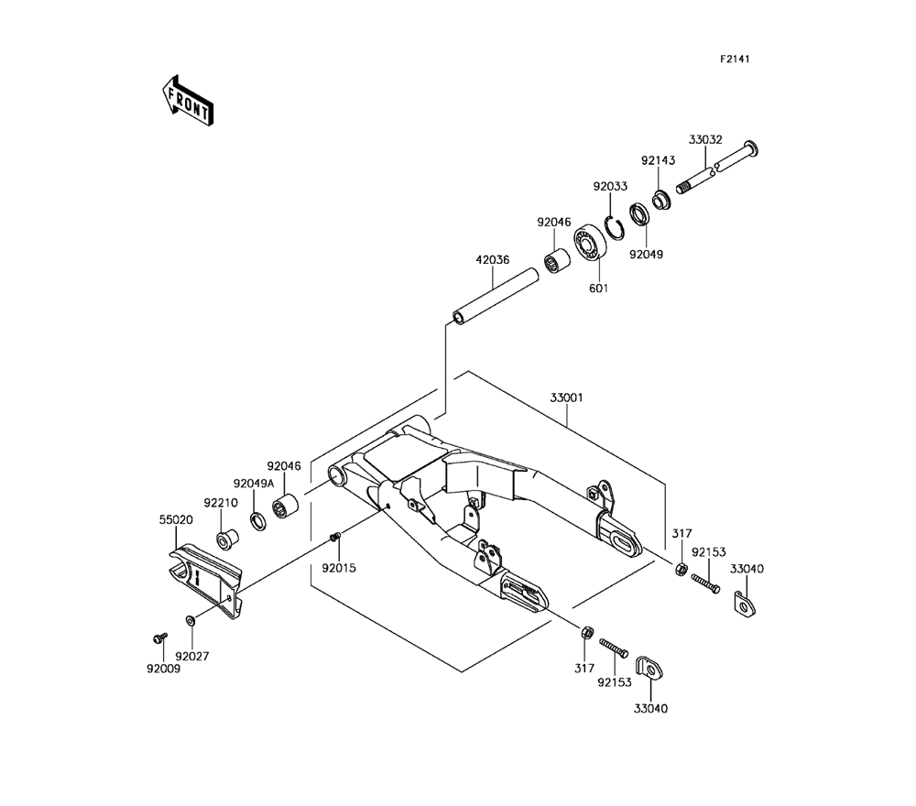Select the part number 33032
705,140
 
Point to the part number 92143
658,160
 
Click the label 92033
609,186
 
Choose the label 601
598,289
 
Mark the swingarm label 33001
567,398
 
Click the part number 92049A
253,483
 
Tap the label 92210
221,503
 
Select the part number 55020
177,518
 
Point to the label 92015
338,568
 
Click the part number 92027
192,656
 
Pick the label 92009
163,668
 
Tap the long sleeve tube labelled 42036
495,293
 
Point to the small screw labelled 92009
157,635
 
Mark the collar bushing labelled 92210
225,535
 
